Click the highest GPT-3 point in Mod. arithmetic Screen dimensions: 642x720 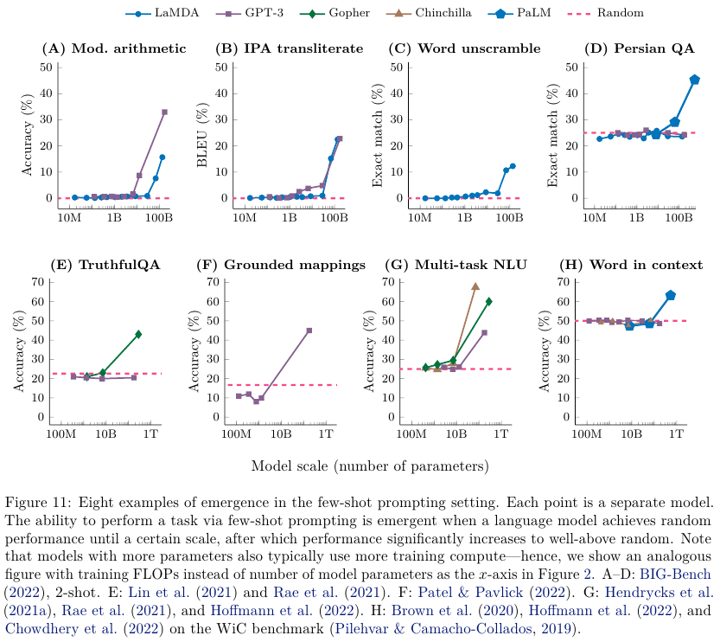point(164,112)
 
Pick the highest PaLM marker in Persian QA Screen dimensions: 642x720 point(695,80)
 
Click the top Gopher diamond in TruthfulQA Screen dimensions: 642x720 point(138,334)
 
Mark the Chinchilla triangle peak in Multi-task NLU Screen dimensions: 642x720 point(475,286)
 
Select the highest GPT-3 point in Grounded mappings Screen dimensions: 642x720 point(309,331)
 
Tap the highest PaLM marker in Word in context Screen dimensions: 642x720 point(670,295)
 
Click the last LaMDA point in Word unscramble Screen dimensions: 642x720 point(513,166)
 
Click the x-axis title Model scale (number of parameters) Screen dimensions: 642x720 point(370,465)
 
